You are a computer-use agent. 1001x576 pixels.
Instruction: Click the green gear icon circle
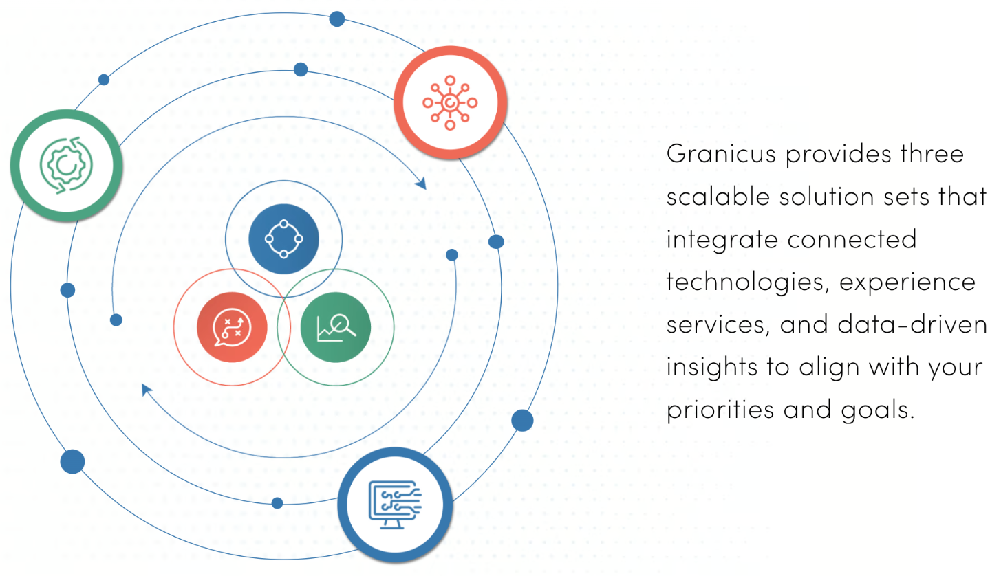click(x=67, y=166)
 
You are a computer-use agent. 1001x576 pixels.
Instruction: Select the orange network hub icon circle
click(x=450, y=102)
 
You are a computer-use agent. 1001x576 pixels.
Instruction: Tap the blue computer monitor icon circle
click(x=395, y=505)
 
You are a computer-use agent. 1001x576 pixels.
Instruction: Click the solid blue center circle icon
click(x=283, y=239)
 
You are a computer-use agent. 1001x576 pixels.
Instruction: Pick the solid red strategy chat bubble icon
click(x=232, y=327)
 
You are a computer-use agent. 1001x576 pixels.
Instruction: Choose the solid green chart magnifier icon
click(x=336, y=327)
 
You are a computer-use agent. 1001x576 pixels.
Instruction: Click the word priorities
click(x=720, y=410)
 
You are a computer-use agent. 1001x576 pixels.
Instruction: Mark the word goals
click(x=878, y=410)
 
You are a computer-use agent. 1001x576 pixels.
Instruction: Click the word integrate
click(x=722, y=240)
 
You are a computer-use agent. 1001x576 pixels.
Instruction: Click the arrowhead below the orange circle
click(x=422, y=183)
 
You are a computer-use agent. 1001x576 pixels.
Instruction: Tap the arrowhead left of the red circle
click(x=146, y=390)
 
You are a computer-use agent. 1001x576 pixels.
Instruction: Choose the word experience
click(x=907, y=283)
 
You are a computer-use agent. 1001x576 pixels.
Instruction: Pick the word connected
click(x=852, y=239)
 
